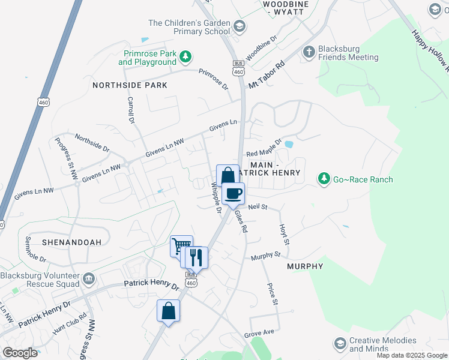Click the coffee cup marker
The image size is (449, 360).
[x=233, y=194]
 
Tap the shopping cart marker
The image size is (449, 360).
[x=181, y=246]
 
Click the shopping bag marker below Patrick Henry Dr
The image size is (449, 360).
[x=168, y=311]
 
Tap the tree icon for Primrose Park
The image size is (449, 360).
[x=186, y=57]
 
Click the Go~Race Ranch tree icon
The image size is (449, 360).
[x=324, y=179]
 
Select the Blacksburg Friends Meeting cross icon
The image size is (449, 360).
[x=309, y=52]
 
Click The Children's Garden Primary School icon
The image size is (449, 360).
[x=239, y=26]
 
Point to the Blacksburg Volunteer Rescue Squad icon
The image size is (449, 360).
[x=89, y=279]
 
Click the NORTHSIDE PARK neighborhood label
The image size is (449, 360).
[x=130, y=85]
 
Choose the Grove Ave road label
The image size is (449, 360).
[x=259, y=332]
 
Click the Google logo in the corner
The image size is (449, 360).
[x=20, y=352]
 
